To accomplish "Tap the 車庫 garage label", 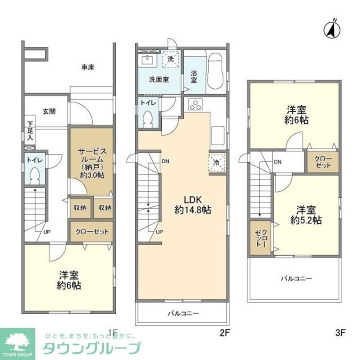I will (87, 67).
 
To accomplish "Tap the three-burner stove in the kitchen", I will (197, 105).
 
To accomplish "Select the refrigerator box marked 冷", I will (217, 162).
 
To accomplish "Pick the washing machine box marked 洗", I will (171, 59).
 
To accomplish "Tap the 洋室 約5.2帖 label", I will (306, 215).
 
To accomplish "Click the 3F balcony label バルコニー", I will (296, 278).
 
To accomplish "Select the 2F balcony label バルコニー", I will (183, 313).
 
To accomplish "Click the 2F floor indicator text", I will (225, 333).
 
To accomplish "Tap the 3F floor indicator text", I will (340, 333).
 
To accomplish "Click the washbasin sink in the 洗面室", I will (148, 60).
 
